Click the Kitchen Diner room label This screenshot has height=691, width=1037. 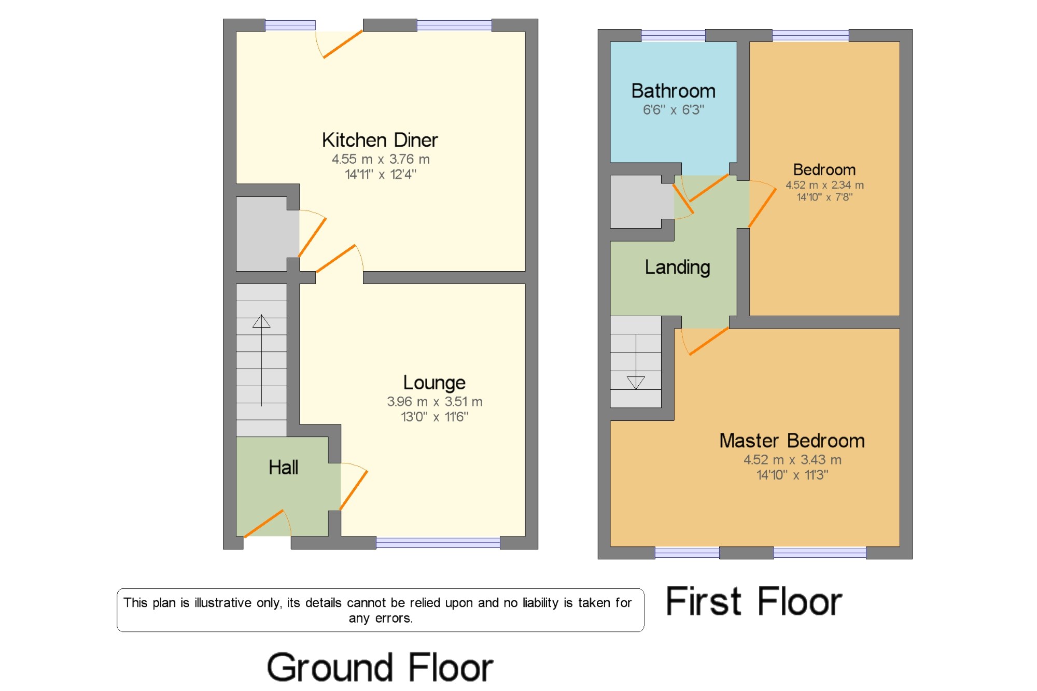point(380,140)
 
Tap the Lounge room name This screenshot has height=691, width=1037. point(435,383)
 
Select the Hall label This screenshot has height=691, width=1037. point(283,467)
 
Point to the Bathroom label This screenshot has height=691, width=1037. point(674,91)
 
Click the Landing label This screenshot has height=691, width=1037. point(677,267)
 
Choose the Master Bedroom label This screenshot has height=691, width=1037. point(792,441)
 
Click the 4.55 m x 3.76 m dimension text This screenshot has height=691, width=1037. point(381,159)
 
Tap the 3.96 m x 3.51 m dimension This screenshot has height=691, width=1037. point(435,402)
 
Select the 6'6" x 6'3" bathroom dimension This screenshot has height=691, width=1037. point(674,110)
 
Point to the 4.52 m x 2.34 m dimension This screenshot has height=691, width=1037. point(824,185)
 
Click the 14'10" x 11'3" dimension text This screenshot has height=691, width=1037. point(792,475)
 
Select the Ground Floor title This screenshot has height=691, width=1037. point(380,668)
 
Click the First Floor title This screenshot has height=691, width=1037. point(754,601)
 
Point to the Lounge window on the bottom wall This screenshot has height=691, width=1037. point(438,543)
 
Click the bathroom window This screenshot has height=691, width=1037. point(674,35)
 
